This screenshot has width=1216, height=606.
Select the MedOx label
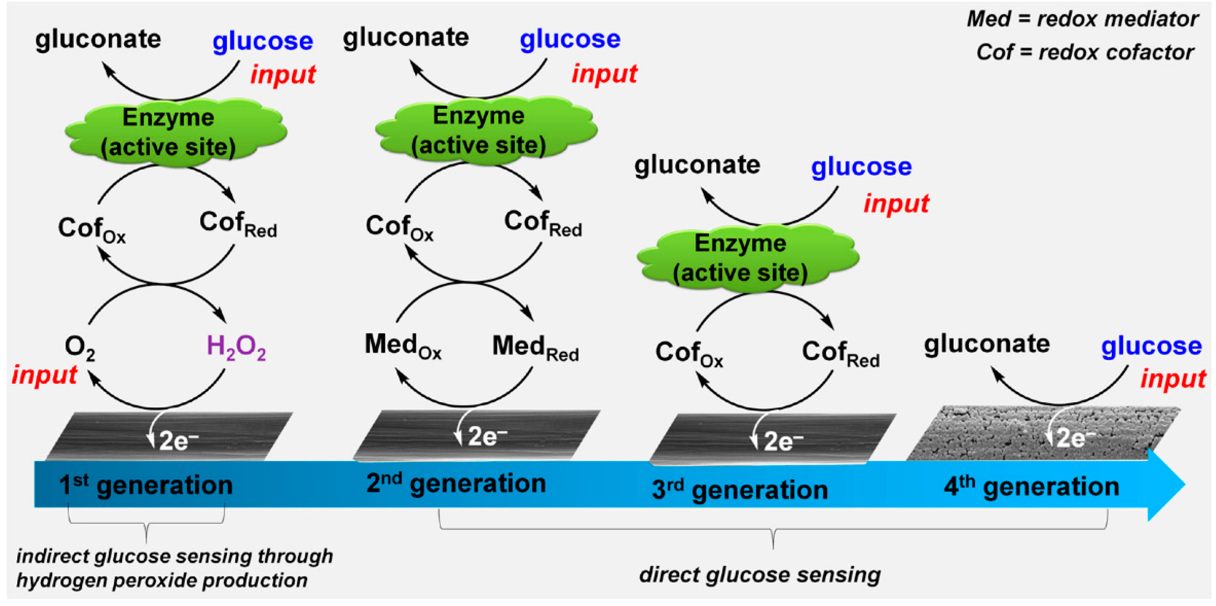[x=403, y=345]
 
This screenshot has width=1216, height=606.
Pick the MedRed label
[x=535, y=347]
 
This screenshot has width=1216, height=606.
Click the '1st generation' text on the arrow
[x=146, y=485]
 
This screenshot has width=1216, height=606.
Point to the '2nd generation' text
[x=456, y=484]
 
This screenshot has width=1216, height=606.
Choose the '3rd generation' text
[x=740, y=490]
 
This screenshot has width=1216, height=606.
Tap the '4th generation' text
[x=1032, y=487]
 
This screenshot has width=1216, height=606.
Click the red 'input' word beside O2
[x=44, y=376]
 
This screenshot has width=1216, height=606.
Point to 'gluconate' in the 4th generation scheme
[x=986, y=344]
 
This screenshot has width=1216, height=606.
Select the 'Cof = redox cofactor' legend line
[x=1085, y=52]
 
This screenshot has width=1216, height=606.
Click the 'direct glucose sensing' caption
[x=759, y=575]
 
